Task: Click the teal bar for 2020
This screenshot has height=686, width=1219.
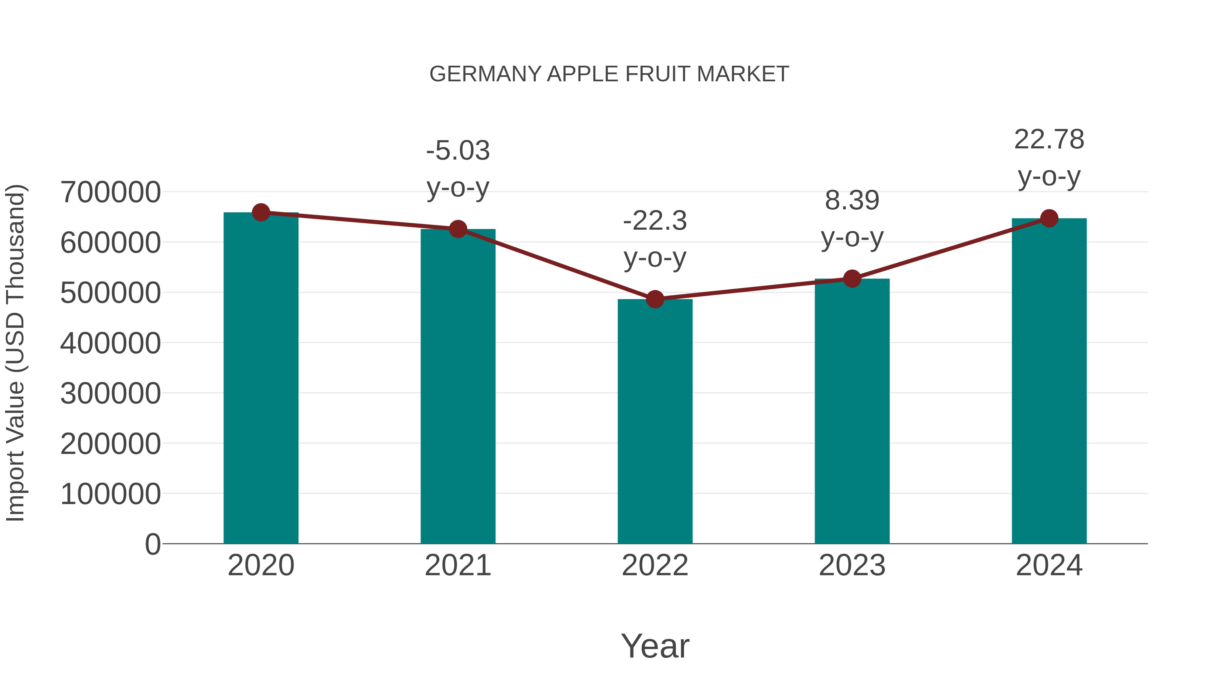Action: click(261, 379)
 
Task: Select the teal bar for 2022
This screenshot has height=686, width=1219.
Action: click(655, 421)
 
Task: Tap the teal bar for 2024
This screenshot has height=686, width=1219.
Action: click(1049, 381)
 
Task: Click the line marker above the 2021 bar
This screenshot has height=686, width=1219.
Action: click(457, 229)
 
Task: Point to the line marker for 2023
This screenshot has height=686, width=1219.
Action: click(852, 279)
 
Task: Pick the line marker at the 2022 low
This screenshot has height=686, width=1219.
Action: click(655, 299)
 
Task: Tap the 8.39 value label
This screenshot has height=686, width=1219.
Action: click(852, 200)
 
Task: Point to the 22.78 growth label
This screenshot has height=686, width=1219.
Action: click(1049, 140)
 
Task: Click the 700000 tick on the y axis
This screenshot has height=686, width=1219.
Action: click(110, 192)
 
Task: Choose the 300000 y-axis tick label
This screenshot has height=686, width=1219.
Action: click(110, 393)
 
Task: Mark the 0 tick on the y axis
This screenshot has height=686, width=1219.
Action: click(152, 544)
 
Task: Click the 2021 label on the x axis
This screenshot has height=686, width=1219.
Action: click(457, 565)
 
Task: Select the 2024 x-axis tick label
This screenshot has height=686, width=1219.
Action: click(1049, 565)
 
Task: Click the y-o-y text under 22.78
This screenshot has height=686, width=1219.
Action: click(1049, 177)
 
